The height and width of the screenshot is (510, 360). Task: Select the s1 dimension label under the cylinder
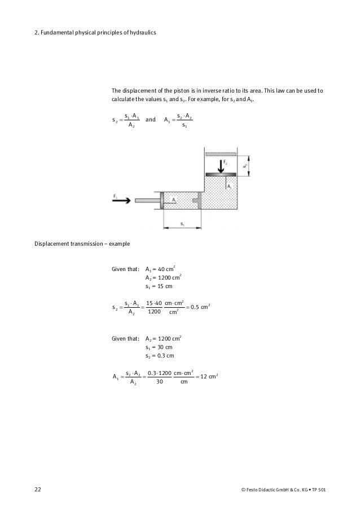[182, 224]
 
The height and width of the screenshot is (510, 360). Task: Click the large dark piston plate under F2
[221, 175]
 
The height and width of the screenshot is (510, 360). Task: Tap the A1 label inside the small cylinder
[174, 199]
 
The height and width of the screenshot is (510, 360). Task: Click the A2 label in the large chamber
[229, 185]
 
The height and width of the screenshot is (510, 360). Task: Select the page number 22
[38, 487]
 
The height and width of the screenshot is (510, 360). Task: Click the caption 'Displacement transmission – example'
[82, 245]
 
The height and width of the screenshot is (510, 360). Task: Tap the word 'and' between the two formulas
[151, 120]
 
